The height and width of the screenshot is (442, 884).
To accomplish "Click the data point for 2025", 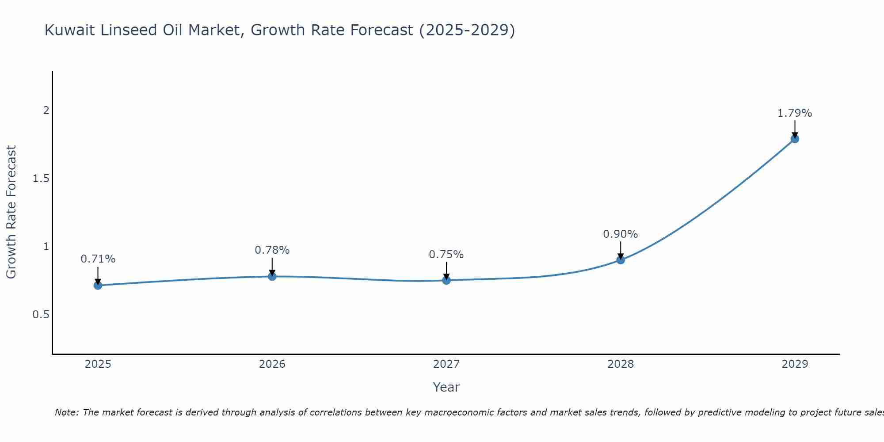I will (x=98, y=286).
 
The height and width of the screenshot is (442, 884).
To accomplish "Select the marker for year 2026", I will (x=272, y=276).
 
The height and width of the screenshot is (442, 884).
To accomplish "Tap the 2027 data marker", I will (x=446, y=280).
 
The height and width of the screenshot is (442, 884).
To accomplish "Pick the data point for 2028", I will (x=621, y=260).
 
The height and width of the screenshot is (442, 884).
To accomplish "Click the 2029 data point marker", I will (x=795, y=139).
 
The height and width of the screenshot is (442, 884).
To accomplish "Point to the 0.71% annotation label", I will (x=98, y=259).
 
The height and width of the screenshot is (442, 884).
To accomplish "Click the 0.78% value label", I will (x=272, y=250).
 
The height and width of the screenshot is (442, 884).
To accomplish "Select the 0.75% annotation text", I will (x=446, y=255).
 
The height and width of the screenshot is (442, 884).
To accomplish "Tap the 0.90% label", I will (x=621, y=234).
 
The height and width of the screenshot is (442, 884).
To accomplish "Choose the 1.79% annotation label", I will (x=795, y=113).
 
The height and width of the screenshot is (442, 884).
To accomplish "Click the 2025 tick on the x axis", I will (x=98, y=364).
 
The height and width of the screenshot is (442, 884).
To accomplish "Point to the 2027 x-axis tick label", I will (x=446, y=364).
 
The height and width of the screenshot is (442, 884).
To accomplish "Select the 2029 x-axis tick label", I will (x=795, y=364).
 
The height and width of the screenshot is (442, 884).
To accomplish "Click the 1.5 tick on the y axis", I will (x=41, y=179).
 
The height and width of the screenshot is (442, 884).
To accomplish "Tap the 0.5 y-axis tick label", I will (x=41, y=315).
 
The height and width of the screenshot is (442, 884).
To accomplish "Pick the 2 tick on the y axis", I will (x=46, y=110).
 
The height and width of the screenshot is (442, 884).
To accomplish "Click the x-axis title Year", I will (x=446, y=387).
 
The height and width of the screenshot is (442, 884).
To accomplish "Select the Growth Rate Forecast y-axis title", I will (x=11, y=212).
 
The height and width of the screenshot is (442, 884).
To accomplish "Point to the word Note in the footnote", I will (x=66, y=412).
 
